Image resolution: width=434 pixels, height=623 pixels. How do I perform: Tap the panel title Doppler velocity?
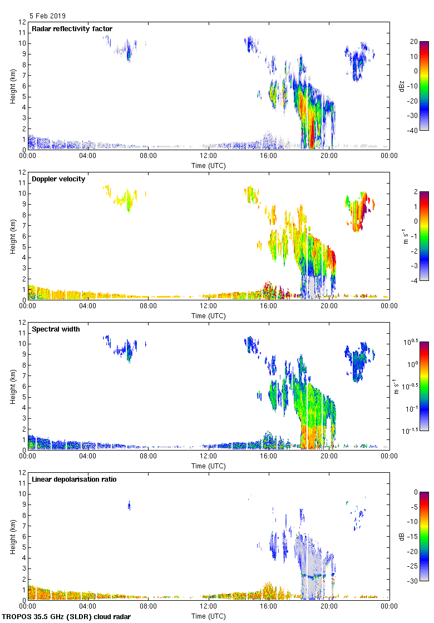coord(58,179)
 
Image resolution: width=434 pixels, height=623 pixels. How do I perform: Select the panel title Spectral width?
coord(56,329)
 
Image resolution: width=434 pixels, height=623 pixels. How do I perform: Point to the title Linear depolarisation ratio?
coord(74,479)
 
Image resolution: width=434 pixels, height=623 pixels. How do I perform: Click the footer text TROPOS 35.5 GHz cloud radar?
coord(67,617)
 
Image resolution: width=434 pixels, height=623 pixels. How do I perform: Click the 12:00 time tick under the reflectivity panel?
coord(209,156)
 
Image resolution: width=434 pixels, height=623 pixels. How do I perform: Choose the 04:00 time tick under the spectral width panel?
coord(88,457)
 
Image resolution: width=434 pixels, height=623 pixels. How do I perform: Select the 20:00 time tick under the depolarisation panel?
coord(329,607)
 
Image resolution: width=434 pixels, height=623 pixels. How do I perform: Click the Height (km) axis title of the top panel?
coord(12,86)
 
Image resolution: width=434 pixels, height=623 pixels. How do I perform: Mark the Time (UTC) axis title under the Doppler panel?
coord(209,315)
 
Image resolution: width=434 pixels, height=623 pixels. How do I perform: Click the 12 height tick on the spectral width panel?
coord(23,323)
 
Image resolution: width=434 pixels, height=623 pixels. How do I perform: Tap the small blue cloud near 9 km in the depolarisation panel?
coord(129,506)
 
